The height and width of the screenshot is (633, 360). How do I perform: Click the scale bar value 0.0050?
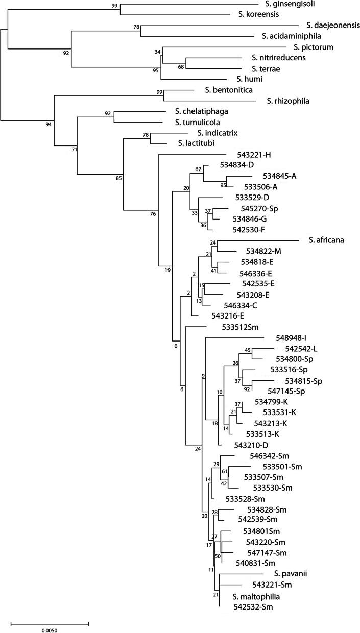pos(50,630)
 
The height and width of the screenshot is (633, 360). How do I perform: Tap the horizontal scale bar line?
pos(50,623)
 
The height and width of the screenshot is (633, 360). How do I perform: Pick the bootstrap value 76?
pos(153,214)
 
